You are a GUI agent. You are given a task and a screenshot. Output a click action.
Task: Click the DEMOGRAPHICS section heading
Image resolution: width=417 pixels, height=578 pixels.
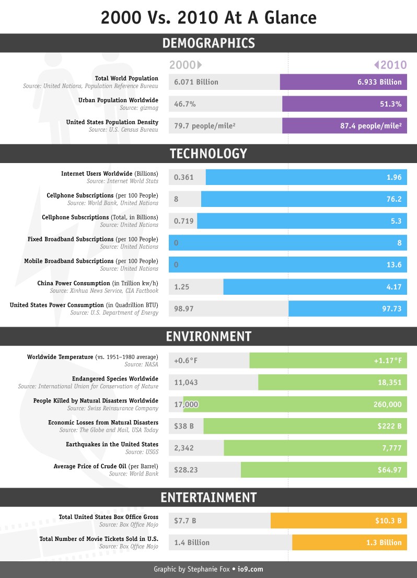point(209,43)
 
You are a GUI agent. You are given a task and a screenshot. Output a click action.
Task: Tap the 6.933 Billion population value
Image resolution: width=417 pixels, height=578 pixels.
point(379,82)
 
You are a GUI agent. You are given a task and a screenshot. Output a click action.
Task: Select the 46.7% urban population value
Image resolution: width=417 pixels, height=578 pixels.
point(185,104)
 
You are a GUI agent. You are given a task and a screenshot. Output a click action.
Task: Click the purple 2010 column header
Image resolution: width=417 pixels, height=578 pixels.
point(390,65)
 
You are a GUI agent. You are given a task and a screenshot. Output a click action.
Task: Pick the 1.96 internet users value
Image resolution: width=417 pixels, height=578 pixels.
point(394,177)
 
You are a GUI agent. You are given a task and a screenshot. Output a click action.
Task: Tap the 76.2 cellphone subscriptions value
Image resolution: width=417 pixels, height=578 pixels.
point(393,199)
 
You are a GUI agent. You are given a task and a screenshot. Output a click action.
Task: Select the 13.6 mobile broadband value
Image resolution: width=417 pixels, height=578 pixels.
point(393,265)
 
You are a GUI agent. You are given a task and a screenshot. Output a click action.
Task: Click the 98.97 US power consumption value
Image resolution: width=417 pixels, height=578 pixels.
point(184,309)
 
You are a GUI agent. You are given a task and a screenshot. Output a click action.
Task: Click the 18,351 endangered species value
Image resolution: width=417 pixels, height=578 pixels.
point(389,383)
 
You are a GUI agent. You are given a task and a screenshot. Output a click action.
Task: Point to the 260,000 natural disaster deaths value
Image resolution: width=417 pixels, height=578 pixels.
point(387,404)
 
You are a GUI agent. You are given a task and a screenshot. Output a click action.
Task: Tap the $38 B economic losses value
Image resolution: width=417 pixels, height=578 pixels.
point(184,426)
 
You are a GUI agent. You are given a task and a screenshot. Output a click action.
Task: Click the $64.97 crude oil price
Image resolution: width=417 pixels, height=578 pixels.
point(389,470)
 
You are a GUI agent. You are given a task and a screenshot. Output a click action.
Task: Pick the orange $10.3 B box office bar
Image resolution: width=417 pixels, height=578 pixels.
point(339,521)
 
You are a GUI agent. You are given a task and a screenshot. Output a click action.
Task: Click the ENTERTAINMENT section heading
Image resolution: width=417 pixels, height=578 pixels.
point(209,496)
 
